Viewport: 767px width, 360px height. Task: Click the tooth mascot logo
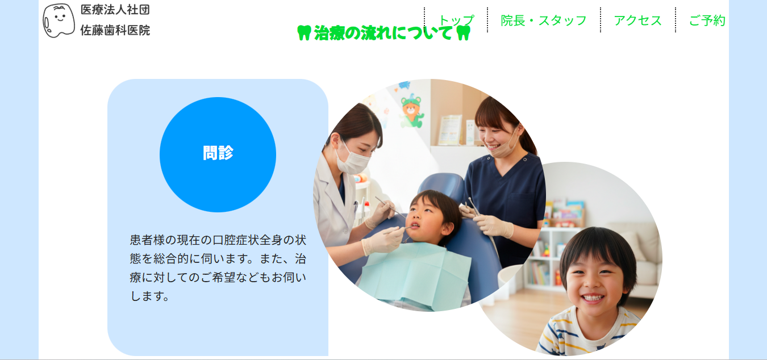(x=59, y=20)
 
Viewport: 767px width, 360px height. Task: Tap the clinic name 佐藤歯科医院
(x=115, y=31)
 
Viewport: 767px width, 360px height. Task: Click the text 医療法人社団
(x=115, y=10)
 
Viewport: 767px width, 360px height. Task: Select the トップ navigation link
(x=456, y=20)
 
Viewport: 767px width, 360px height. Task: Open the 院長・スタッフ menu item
(x=544, y=20)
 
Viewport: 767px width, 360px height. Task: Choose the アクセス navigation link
(x=637, y=20)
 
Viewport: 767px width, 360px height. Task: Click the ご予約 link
(x=707, y=20)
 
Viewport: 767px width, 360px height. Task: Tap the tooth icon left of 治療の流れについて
(x=305, y=33)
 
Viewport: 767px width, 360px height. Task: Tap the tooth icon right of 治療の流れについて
(x=464, y=33)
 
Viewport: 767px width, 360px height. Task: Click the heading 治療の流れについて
(x=383, y=34)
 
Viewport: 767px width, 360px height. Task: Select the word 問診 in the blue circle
(x=218, y=153)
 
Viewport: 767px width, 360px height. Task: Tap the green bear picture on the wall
(x=412, y=111)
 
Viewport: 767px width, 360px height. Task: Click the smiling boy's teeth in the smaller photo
(x=593, y=298)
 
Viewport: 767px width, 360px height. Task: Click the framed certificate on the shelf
(x=449, y=129)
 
